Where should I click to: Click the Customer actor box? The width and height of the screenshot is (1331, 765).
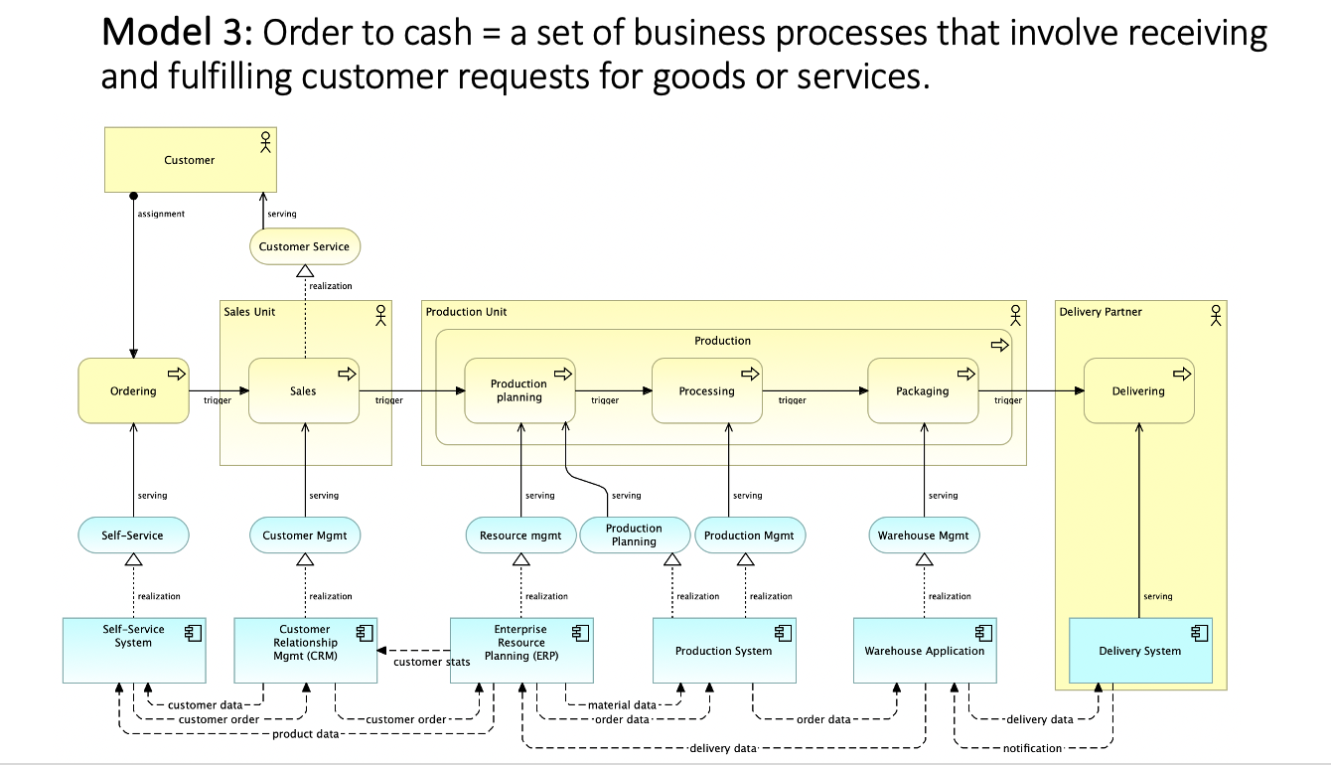[190, 160]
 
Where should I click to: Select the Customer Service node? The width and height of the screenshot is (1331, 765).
[304, 246]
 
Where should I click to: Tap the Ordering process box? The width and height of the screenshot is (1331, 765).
[133, 390]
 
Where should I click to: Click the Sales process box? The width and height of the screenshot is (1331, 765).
[304, 390]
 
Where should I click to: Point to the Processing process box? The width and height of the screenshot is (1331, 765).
[706, 390]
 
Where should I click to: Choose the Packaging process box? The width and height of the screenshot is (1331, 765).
[923, 390]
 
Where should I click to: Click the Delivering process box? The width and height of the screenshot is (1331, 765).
[1138, 390]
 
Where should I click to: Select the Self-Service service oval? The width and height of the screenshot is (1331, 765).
[132, 535]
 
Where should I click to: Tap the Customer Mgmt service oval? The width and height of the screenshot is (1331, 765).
[304, 535]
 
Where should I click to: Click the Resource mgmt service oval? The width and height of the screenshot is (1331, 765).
[520, 535]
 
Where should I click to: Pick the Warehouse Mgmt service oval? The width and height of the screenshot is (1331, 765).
[924, 535]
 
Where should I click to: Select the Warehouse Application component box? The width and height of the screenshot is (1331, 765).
[925, 651]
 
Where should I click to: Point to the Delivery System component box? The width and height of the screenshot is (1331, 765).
[1140, 651]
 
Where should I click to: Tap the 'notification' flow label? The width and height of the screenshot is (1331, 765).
[1032, 748]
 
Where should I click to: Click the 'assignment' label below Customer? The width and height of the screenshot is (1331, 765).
[161, 214]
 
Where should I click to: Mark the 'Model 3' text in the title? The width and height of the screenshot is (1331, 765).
[178, 34]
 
